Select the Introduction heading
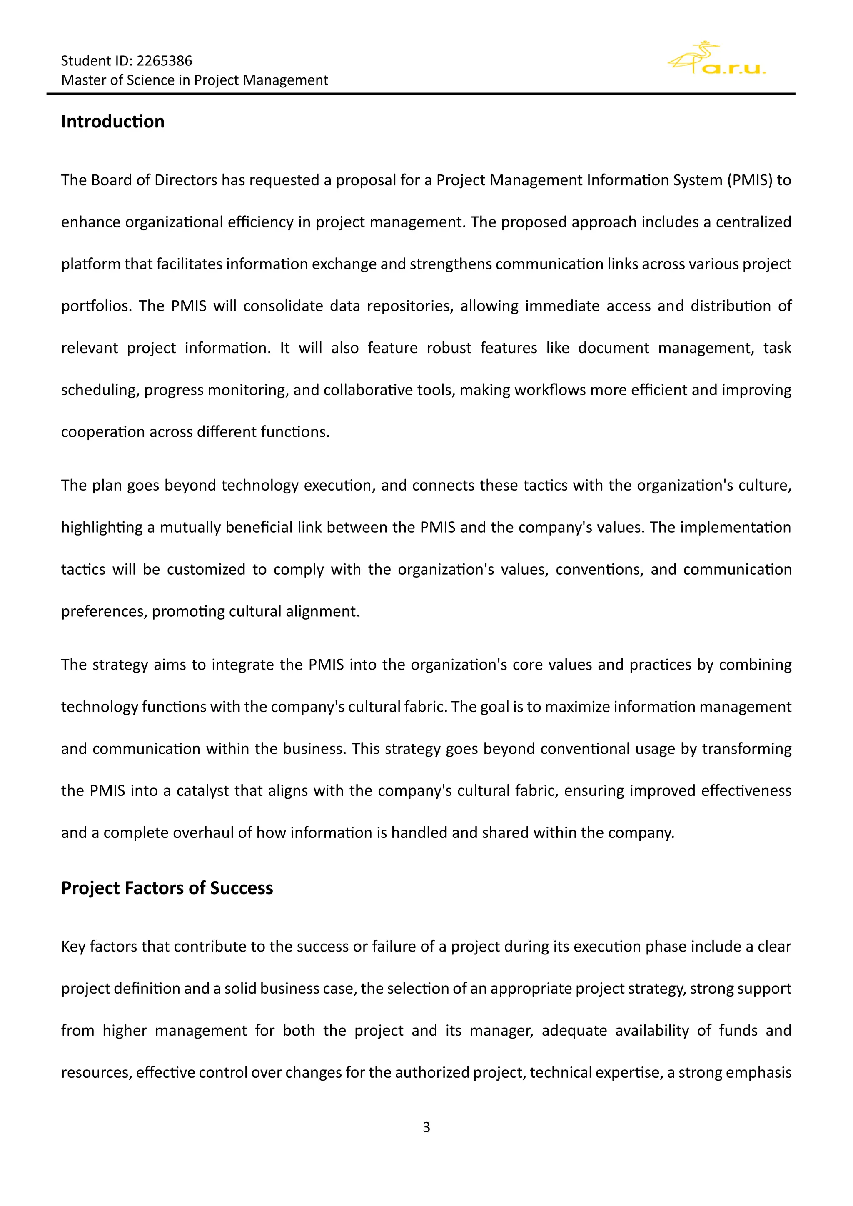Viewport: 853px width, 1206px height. [x=112, y=121]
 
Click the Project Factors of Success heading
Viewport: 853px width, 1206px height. [x=167, y=888]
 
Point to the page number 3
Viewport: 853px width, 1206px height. [x=426, y=1127]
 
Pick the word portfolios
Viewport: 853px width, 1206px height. [x=96, y=306]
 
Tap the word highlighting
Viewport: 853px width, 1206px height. [x=102, y=527]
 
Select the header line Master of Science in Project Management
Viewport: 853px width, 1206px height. [x=195, y=80]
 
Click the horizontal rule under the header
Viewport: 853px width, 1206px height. [x=420, y=94]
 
